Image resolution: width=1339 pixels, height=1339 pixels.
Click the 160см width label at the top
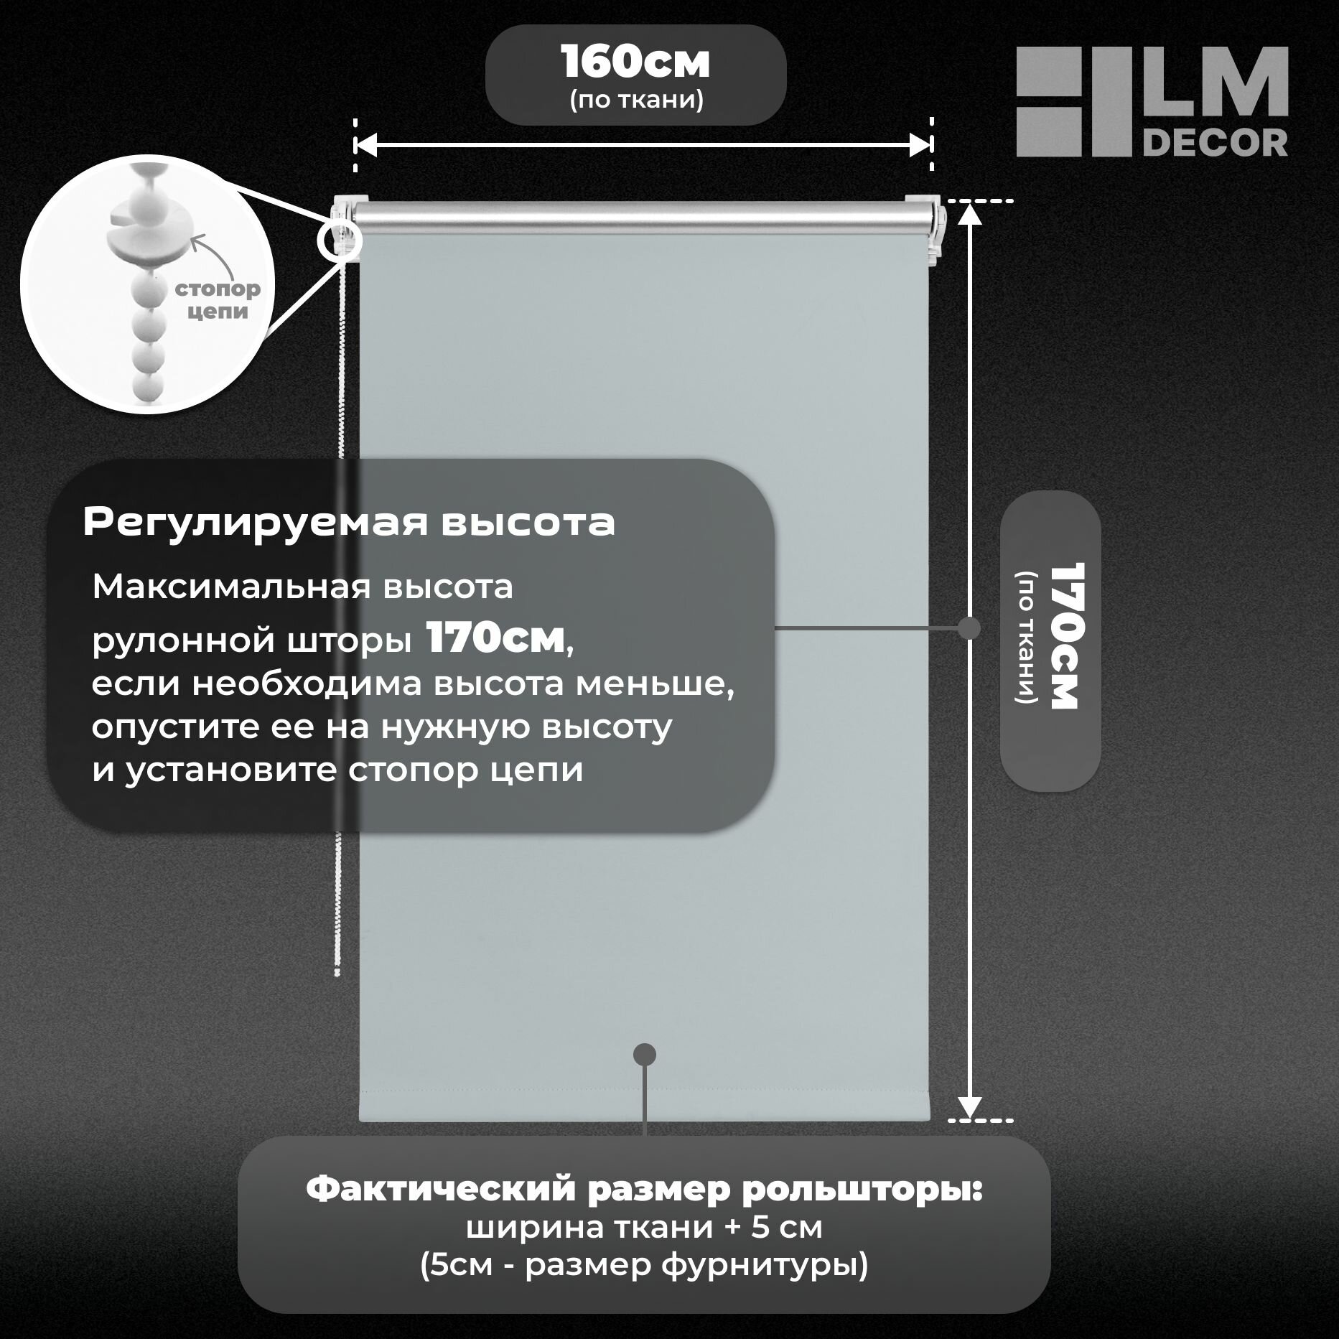coord(635,63)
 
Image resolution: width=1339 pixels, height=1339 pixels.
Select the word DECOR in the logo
coord(1214,143)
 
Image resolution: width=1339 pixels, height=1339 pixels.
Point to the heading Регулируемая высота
coord(349,523)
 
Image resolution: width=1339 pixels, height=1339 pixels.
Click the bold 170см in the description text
coord(495,638)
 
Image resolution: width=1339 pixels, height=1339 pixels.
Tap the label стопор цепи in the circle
coord(218,301)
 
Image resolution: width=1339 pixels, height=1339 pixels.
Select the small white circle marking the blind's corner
coord(339,241)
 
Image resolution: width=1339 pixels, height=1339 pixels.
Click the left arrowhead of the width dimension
coord(365,145)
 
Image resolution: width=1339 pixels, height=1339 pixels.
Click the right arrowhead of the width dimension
coord(921,145)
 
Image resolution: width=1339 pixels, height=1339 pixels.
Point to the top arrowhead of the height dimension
coord(970,213)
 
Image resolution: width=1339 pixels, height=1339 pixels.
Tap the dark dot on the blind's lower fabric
coord(645,1054)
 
